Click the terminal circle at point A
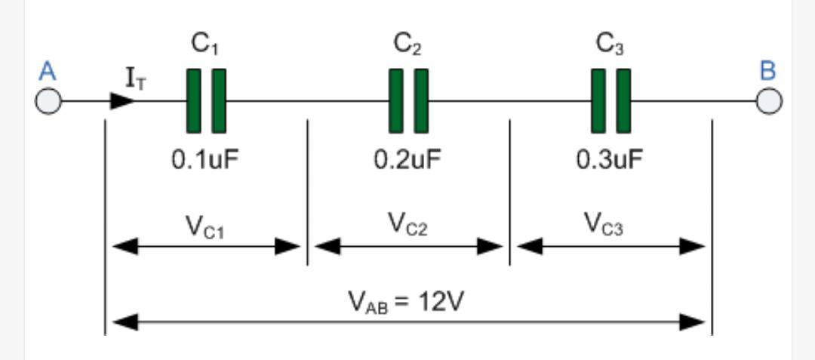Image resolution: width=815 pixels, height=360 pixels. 48,102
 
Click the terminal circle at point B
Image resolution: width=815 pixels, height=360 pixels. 769,101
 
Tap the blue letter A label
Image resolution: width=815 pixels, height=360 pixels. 48,72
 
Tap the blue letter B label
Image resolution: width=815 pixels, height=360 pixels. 767,71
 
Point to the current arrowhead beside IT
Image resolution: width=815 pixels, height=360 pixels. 123,101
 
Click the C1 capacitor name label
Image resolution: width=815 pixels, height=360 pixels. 205,45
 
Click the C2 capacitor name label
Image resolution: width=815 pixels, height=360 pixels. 407,45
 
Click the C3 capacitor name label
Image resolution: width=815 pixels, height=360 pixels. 610,45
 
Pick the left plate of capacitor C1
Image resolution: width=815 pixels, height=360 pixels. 193,101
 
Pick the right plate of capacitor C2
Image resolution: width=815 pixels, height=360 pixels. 421,101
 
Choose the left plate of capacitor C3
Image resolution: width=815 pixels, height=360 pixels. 598,101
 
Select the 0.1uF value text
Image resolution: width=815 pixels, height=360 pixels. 205,160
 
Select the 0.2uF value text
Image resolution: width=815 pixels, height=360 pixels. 407,160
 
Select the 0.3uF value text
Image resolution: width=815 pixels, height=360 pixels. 610,160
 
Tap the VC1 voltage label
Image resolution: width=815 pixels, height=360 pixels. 205,226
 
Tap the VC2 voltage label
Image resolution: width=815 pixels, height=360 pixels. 407,224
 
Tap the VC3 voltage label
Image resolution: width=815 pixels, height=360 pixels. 604,224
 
